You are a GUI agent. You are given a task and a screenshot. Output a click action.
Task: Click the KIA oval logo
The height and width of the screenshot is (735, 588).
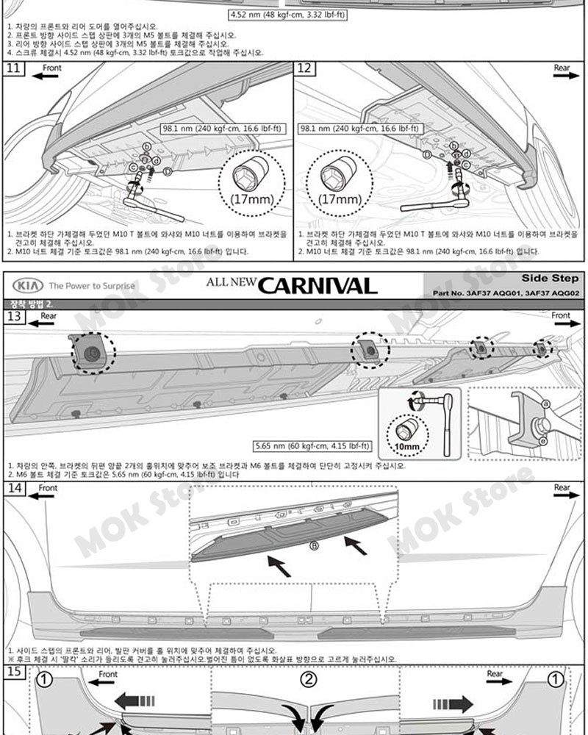(26, 285)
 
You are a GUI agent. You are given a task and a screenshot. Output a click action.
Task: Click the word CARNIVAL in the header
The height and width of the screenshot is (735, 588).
(318, 286)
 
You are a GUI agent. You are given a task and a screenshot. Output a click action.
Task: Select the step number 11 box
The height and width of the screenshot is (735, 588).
(15, 70)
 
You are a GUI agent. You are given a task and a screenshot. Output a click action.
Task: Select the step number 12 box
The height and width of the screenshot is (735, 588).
(304, 70)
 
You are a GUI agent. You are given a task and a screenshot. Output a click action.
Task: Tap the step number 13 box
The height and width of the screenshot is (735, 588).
(15, 317)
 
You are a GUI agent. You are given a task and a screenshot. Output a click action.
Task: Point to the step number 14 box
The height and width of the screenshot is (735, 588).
(15, 489)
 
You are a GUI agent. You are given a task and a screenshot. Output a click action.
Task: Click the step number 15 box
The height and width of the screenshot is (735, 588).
(15, 672)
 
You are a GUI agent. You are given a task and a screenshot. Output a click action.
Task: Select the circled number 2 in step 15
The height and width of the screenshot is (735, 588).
(310, 679)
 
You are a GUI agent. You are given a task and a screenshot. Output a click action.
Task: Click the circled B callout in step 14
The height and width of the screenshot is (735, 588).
(313, 545)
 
